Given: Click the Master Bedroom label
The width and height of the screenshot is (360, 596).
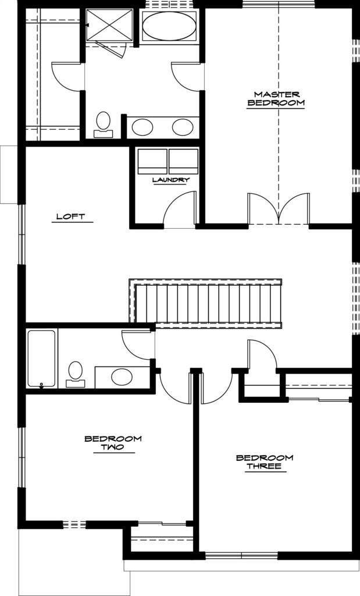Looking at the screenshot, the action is [276, 98].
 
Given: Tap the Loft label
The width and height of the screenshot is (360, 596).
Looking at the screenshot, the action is [70, 217].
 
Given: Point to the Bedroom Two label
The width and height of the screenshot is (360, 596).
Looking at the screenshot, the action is [113, 443].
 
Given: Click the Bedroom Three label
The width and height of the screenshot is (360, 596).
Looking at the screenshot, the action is [265, 462].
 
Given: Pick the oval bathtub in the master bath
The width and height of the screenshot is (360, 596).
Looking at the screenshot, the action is [169, 26].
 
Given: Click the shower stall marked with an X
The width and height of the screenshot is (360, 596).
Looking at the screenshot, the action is [110, 24].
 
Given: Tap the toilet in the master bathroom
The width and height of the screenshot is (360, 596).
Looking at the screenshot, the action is [103, 125].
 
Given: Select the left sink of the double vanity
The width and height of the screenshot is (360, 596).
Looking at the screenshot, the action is [142, 127].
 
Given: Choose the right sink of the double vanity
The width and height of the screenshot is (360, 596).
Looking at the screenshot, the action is [183, 127].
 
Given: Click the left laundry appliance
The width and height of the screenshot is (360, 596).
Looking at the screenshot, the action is [152, 161].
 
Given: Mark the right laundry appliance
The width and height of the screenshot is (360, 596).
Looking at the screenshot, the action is [183, 161].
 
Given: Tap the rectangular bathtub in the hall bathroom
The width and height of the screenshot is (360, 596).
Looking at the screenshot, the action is [42, 359].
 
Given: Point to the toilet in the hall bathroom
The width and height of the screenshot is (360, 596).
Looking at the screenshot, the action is [75, 374].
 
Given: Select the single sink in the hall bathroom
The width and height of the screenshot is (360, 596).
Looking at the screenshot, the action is [122, 377].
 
